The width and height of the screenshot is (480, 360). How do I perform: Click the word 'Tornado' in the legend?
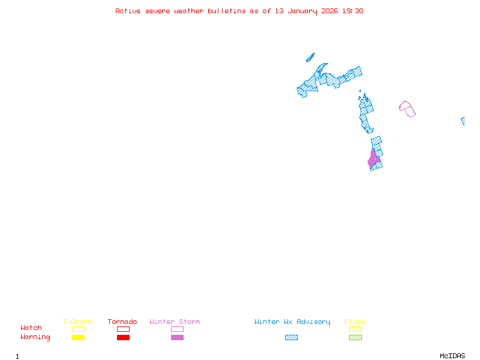tap(122, 322)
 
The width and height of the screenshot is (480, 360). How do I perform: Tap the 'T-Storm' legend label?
tap(77, 322)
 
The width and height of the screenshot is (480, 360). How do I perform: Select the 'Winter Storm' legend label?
tap(175, 322)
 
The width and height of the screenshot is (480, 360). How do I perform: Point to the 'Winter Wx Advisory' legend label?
tap(292, 322)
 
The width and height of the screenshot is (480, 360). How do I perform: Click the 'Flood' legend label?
tap(355, 322)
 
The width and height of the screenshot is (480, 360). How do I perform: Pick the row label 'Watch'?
tap(31, 328)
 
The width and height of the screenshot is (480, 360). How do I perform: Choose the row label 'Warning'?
tap(35, 337)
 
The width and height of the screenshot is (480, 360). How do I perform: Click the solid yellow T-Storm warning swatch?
tap(79, 337)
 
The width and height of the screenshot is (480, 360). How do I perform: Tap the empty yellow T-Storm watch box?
tap(79, 329)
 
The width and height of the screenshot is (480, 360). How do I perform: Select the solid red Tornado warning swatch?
tap(124, 337)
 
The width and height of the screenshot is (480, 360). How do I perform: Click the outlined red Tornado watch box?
tap(124, 329)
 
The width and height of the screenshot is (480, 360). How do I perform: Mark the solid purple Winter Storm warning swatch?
tap(177, 337)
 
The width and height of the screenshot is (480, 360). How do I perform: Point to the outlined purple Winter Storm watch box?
tap(177, 329)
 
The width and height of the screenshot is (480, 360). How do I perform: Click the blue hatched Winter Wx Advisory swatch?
tap(291, 337)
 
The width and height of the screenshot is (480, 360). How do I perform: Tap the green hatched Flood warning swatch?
tap(355, 337)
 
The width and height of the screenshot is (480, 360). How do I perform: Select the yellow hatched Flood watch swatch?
tap(355, 329)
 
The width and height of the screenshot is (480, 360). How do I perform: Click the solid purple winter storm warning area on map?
tap(373, 160)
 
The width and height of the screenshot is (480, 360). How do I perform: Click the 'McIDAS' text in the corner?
tap(452, 356)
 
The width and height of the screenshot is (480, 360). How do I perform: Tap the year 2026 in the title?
tap(329, 11)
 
